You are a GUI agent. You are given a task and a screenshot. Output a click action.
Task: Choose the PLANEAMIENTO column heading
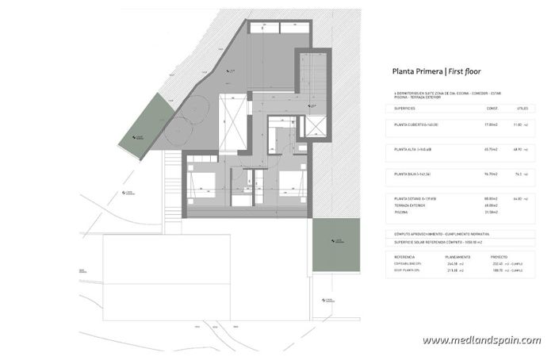tap(461, 257)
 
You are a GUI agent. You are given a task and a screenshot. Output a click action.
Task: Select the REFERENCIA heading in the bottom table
tap(405, 257)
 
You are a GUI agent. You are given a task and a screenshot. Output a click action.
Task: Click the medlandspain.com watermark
tap(481, 341)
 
